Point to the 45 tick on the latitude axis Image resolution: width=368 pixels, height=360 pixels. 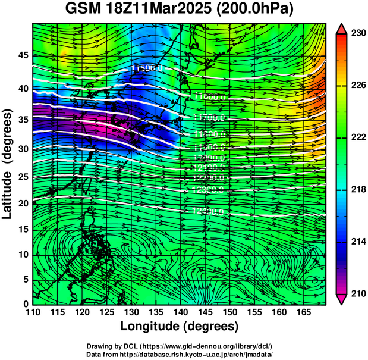(23, 55)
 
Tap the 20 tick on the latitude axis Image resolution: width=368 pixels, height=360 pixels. (23, 204)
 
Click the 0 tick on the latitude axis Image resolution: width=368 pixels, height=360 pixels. (26, 303)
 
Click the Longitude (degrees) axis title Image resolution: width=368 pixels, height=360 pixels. (180, 326)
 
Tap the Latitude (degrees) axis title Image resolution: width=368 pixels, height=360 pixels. (8, 164)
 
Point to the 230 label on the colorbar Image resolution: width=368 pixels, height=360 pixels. (357, 34)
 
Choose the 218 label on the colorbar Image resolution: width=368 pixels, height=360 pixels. (357, 189)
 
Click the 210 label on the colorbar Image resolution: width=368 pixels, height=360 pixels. (357, 293)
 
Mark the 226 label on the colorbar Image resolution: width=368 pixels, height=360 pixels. (357, 86)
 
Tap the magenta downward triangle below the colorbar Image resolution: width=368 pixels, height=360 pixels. (341, 299)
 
